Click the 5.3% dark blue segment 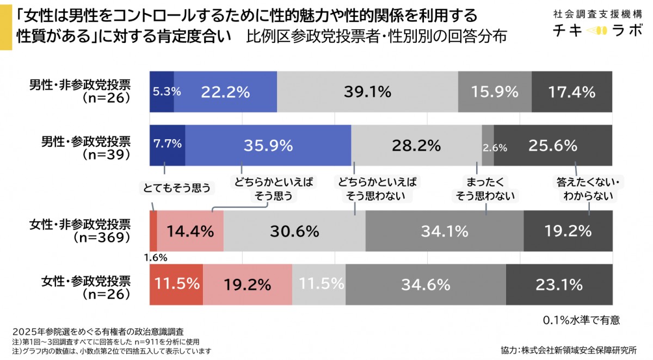(162, 92)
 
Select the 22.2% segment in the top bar (225, 92)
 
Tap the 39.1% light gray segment (367, 92)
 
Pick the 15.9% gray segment (495, 92)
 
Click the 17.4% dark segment (571, 92)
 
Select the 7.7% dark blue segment (167, 145)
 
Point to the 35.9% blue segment (268, 145)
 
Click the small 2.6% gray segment (488, 145)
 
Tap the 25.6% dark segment (553, 145)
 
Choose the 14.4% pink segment (190, 231)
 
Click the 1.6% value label (156, 257)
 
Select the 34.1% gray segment (444, 231)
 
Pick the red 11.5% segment (176, 284)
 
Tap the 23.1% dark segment (559, 284)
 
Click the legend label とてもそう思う (176, 188)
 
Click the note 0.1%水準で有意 (581, 320)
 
